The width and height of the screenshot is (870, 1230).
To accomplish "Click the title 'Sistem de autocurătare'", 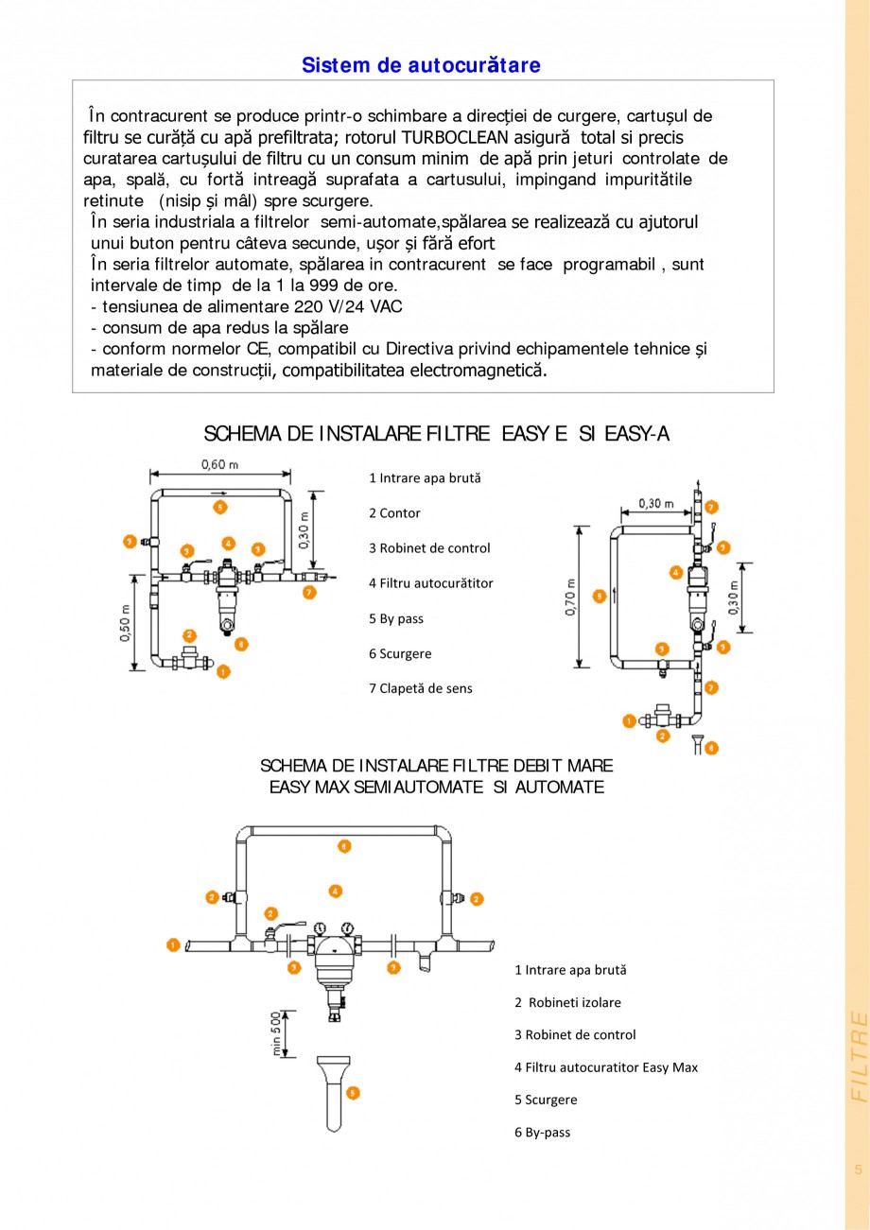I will pos(421,65).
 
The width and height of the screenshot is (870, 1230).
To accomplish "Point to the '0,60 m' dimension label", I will pos(219,464).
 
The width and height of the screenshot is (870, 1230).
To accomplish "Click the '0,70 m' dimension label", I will pos(571,597).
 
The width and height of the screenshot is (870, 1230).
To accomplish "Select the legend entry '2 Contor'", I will pos(394,513).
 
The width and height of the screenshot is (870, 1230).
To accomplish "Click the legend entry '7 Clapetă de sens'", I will pos(420,688).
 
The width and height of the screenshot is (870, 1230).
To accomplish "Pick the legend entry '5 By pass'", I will pos(395,619).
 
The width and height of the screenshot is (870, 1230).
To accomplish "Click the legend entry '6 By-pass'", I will pos(542,1133).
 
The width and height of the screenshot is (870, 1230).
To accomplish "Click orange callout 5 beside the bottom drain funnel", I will pos(353,1092).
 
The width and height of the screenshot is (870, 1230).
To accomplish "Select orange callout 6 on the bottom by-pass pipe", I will pos(344,845).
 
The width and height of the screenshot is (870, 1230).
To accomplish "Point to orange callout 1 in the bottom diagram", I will pos(172,944).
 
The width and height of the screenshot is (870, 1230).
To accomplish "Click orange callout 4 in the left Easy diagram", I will pos(228,543).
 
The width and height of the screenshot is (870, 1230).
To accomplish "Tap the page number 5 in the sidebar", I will pos(858,1169).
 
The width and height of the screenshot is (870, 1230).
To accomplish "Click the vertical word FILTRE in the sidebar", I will pos(859,1057).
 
